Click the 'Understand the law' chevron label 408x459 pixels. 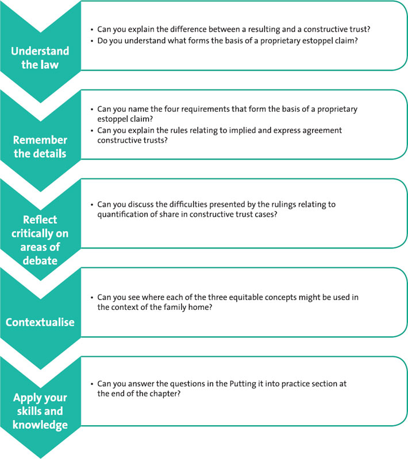pos(40,58)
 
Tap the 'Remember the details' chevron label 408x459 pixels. pos(40,147)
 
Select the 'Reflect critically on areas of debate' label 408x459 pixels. pos(40,240)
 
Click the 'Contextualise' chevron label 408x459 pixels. pos(40,322)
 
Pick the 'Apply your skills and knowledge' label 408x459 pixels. pos(40,411)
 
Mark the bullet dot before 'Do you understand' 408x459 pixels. pos(92,41)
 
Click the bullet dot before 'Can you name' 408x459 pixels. pos(92,110)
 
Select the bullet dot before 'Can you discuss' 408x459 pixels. pos(92,205)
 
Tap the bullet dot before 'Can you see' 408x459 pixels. pos(92,298)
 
